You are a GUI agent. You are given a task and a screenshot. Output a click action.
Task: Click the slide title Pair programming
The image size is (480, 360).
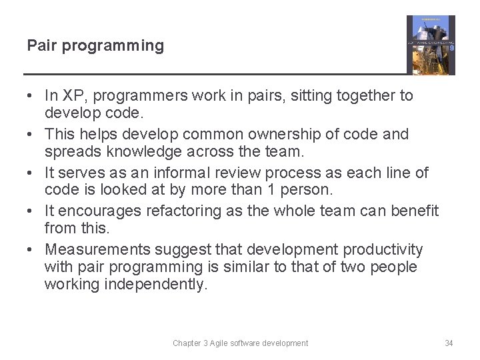95,46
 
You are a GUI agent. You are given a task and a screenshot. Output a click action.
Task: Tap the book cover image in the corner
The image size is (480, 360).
431,45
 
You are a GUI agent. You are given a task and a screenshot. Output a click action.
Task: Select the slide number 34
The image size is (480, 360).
449,343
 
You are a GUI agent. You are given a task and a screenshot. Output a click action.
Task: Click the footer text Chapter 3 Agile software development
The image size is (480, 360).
240,343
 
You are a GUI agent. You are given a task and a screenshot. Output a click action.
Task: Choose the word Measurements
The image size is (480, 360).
97,250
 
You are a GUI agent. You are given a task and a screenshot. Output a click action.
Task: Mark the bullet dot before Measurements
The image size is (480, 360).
31,250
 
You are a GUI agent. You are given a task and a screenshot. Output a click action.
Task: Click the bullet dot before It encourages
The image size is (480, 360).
31,211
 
